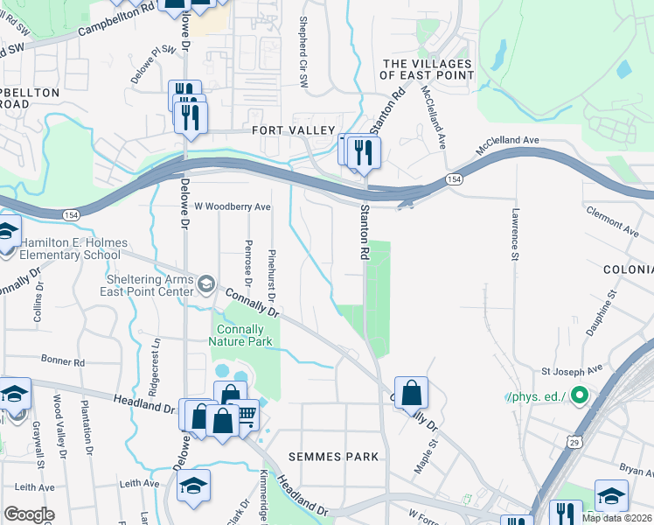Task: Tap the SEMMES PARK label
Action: coord(335,456)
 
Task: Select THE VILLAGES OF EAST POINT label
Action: coord(428,69)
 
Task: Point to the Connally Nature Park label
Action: coord(240,335)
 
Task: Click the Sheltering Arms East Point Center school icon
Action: coord(206,283)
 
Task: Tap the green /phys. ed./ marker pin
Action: coord(578,396)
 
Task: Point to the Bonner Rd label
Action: coord(63,360)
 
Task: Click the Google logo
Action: coord(29,514)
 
